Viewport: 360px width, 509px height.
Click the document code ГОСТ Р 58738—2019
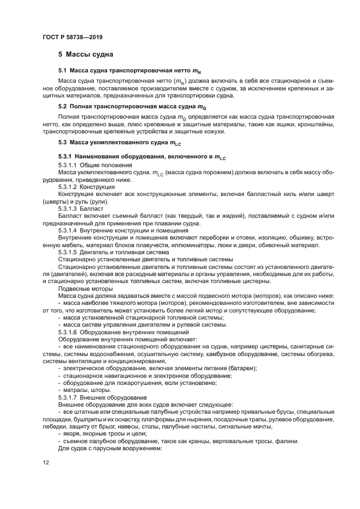coord(72,37)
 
